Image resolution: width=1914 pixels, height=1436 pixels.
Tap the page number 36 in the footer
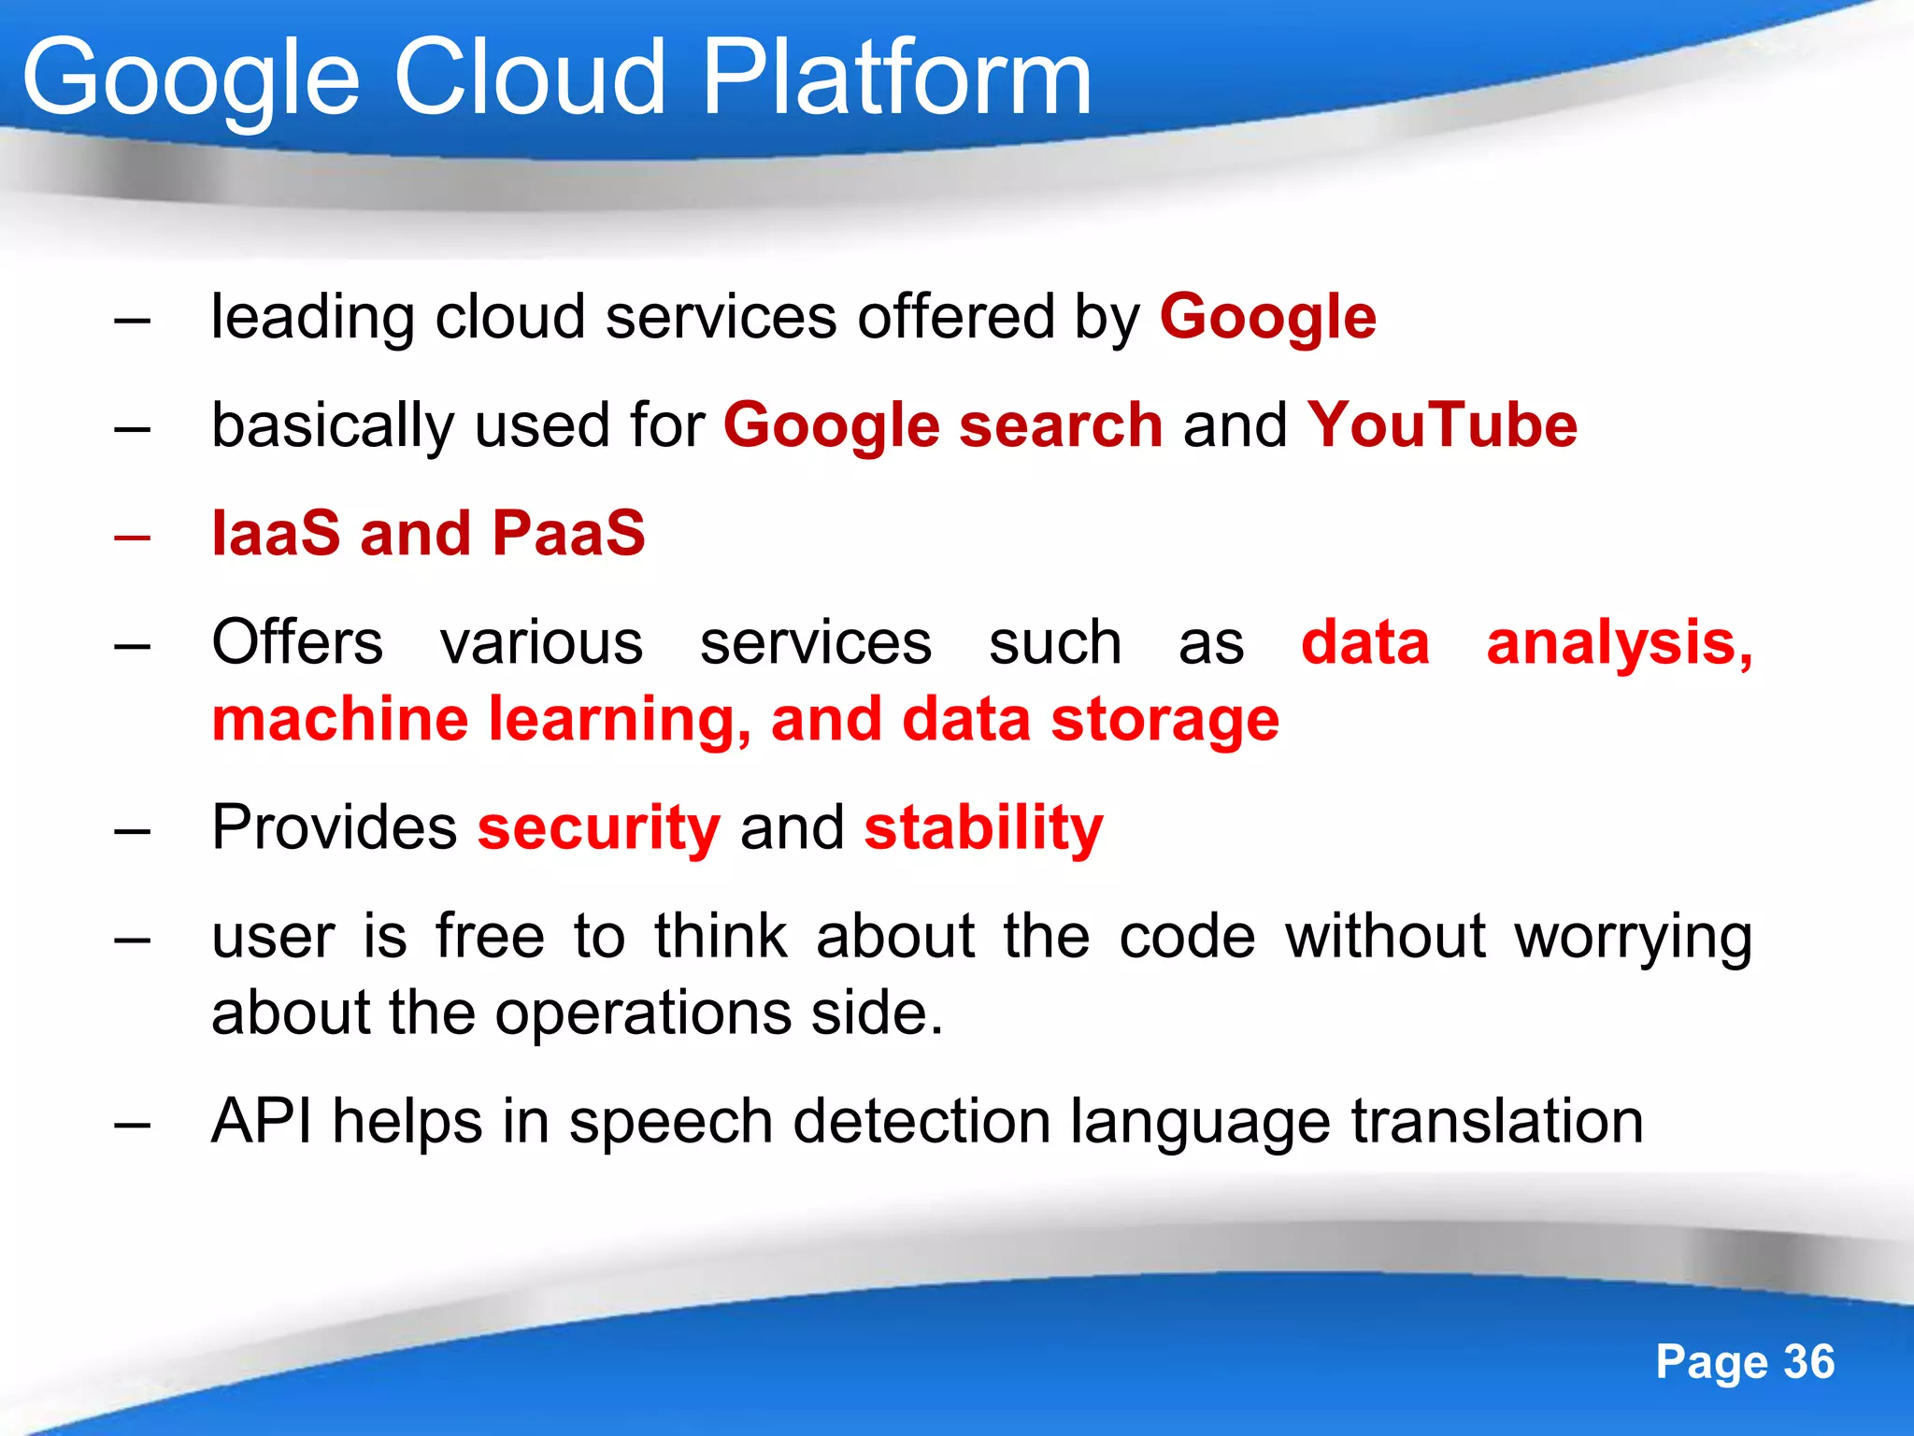(1809, 1361)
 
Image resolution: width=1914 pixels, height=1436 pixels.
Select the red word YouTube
(1441, 425)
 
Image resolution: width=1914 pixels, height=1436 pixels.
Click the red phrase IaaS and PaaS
(428, 534)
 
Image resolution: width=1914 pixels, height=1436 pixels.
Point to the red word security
(598, 828)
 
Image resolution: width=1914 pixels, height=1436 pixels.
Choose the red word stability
(983, 828)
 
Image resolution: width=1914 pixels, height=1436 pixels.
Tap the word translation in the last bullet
(1497, 1121)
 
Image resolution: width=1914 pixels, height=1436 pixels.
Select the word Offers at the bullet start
(297, 643)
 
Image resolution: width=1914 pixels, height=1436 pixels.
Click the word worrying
(1633, 938)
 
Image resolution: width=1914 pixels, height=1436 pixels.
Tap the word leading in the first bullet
(312, 318)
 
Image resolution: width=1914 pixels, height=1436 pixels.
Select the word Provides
(334, 828)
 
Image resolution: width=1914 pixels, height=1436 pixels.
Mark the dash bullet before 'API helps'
(132, 1125)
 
